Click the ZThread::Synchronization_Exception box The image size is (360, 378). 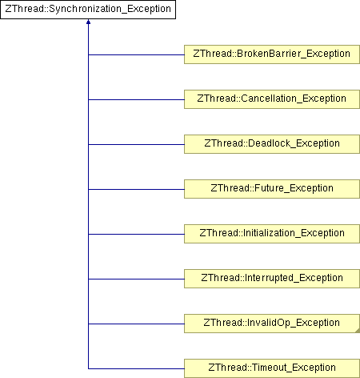[88, 10]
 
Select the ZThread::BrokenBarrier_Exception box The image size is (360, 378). [272, 54]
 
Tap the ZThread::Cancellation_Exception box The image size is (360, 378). [272, 99]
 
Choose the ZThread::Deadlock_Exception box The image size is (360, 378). [272, 144]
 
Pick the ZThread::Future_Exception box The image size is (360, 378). [272, 189]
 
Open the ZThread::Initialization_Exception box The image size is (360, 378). [272, 234]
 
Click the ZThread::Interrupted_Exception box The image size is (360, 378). [272, 279]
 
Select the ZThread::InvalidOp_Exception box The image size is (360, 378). [272, 324]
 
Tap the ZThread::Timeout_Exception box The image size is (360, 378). [272, 368]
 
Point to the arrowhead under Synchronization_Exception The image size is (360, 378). [88, 22]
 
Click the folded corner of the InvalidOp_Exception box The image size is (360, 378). [358, 331]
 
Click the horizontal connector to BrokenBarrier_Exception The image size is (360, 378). [136, 54]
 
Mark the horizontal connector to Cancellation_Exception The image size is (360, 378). [136, 99]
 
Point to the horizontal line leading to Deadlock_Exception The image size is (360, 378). [136, 144]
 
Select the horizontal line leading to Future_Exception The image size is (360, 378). [136, 189]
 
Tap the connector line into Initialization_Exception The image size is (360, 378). [136, 234]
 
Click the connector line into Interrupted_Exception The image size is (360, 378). [136, 279]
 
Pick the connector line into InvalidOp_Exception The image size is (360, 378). [136, 324]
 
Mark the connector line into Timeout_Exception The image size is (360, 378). [136, 368]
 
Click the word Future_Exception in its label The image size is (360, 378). [294, 188]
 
